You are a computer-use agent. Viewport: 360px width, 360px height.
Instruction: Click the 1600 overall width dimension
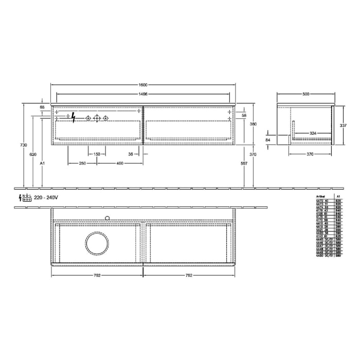pos(142,85)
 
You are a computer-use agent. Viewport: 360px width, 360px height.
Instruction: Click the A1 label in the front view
pos(43,163)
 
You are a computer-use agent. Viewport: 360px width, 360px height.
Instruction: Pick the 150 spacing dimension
pos(97,154)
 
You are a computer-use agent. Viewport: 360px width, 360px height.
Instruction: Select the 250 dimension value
pos(82,163)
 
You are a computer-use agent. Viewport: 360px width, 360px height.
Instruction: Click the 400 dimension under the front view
pos(120,163)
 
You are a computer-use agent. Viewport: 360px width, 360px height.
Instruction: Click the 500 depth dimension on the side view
pos(306,94)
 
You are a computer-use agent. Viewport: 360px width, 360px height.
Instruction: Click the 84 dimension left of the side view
pos(267,139)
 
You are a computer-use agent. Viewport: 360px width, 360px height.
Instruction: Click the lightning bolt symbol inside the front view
pos(74,118)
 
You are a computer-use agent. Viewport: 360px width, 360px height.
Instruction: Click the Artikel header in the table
pos(320,196)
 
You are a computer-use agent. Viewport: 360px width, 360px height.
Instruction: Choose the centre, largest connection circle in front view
pos(97,118)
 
